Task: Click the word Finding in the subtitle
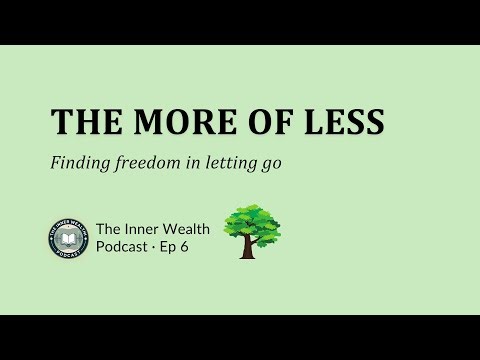[x=77, y=163]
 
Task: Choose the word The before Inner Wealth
[x=109, y=229]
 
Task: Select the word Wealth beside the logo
[x=190, y=229]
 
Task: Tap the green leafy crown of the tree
[x=250, y=222]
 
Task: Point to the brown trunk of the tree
[x=248, y=248]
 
